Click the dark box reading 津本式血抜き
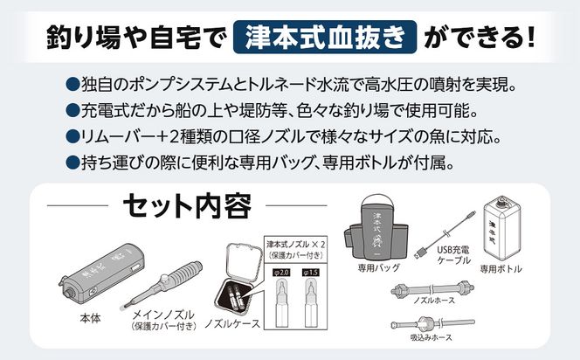[328, 38]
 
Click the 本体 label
[89, 318]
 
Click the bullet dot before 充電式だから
[72, 111]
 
